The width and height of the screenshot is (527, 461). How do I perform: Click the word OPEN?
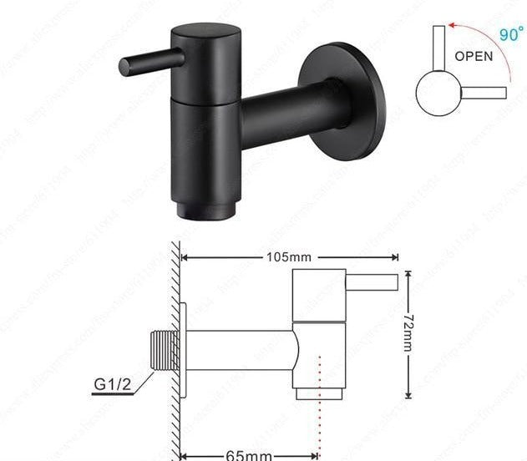click(x=474, y=57)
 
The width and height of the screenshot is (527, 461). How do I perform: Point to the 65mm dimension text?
click(x=249, y=454)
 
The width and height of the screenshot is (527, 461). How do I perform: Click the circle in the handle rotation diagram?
click(x=435, y=94)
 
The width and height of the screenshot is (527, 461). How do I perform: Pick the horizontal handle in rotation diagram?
click(x=484, y=91)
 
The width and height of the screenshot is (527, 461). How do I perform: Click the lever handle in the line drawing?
click(x=372, y=282)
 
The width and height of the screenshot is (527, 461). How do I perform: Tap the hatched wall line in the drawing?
click(x=176, y=351)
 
